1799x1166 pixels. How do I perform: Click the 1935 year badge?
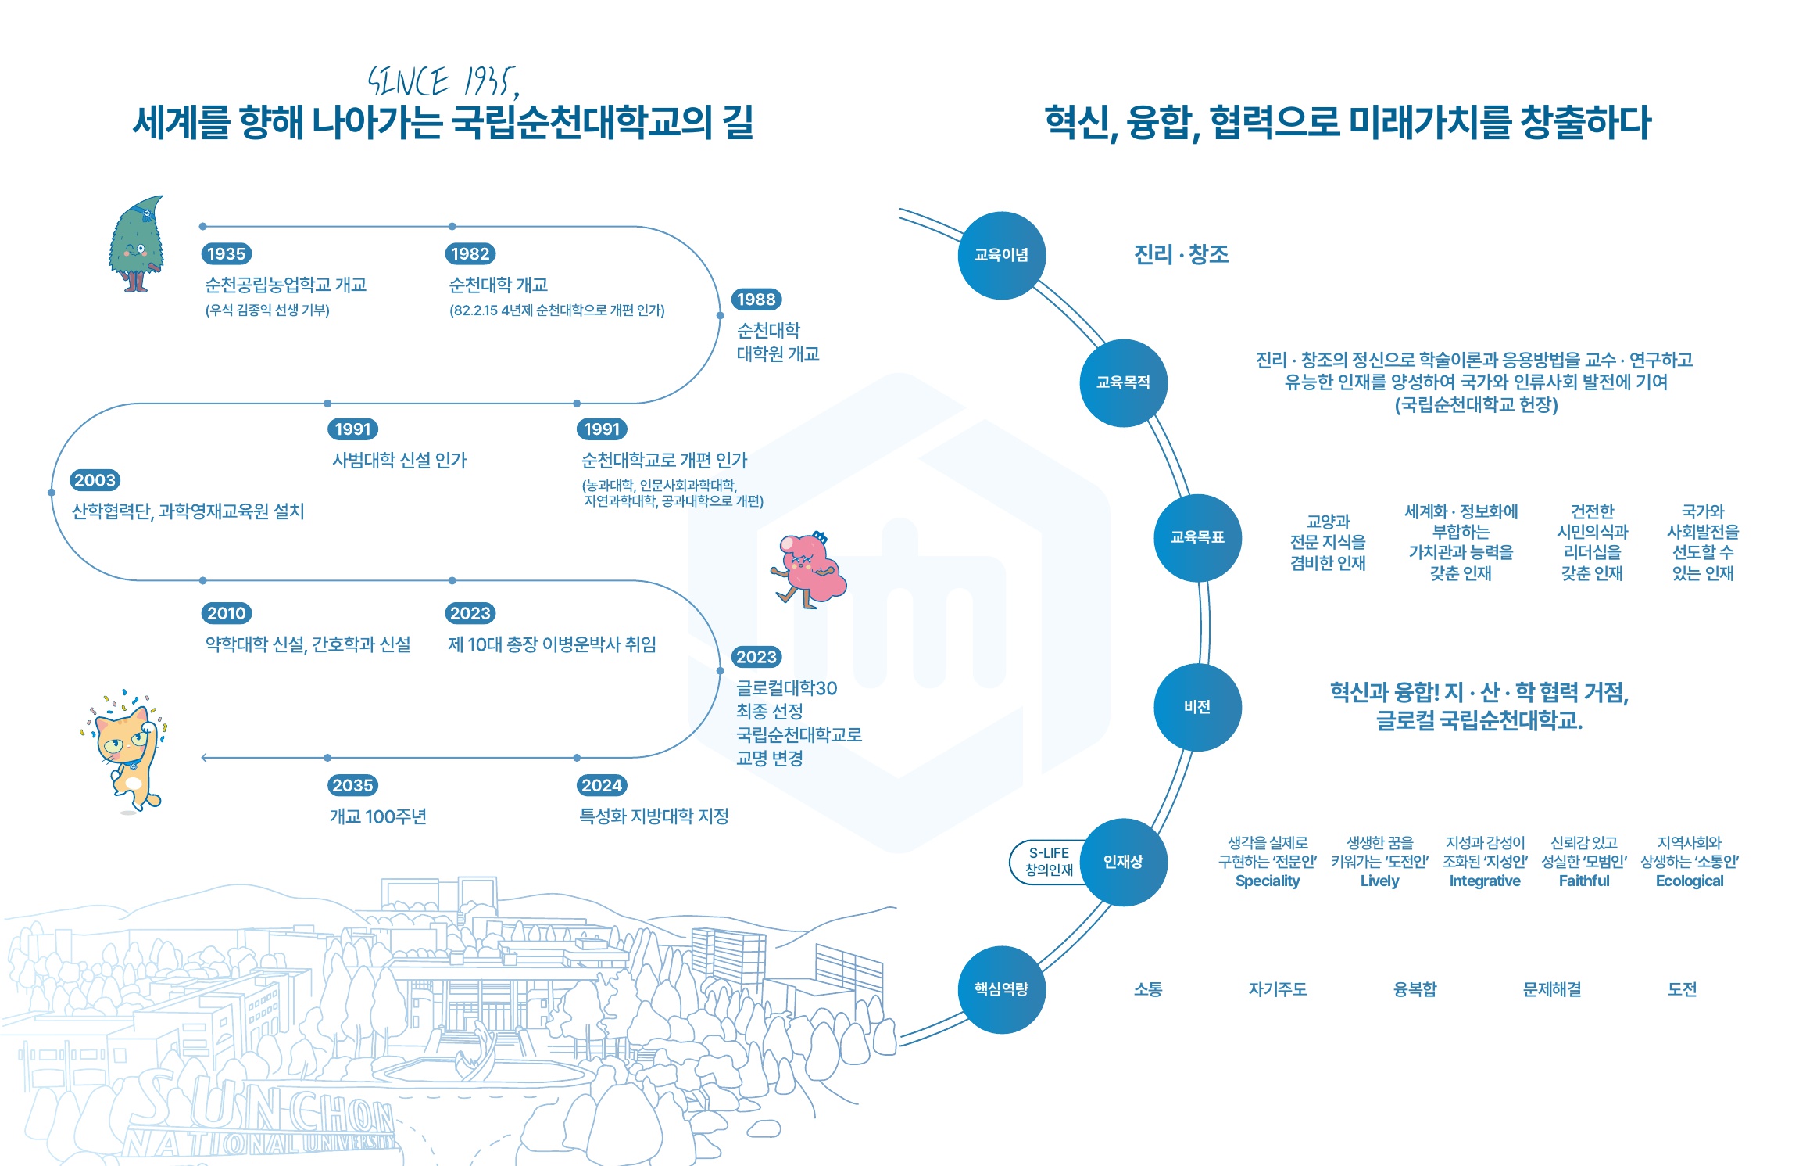click(x=226, y=253)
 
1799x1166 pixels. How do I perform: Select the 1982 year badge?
click(x=470, y=253)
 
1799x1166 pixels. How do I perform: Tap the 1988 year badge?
click(x=756, y=300)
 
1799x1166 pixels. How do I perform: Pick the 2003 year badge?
click(x=95, y=480)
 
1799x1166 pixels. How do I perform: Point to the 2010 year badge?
click(x=226, y=613)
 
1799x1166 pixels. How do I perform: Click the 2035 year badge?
click(x=352, y=785)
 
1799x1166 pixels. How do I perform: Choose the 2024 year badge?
click(x=602, y=785)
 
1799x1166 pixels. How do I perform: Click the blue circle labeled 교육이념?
click(x=1001, y=255)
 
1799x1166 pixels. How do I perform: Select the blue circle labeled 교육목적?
click(x=1123, y=382)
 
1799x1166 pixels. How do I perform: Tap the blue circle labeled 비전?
click(x=1197, y=707)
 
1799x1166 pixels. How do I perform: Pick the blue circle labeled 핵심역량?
click(x=1001, y=989)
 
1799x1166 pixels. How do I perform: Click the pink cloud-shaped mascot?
click(x=809, y=569)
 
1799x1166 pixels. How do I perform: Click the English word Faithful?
click(x=1584, y=881)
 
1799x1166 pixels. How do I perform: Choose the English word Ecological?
click(x=1690, y=881)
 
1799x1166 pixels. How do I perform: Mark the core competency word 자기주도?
click(x=1278, y=989)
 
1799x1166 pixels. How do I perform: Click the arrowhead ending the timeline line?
click(x=205, y=758)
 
